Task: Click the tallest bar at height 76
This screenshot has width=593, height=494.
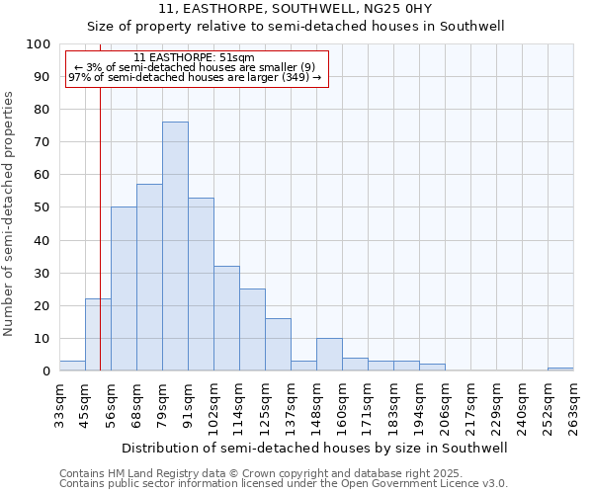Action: click(x=175, y=246)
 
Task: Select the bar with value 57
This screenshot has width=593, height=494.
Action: click(x=149, y=278)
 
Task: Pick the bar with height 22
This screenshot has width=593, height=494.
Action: click(x=98, y=335)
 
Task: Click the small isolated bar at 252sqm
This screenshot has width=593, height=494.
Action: click(x=560, y=369)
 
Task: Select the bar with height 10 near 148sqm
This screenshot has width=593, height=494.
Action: click(x=329, y=355)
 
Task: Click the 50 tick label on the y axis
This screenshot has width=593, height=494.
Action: click(x=42, y=207)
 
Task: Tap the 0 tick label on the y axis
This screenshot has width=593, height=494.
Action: click(x=46, y=370)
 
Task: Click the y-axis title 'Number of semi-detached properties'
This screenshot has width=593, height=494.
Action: click(x=10, y=213)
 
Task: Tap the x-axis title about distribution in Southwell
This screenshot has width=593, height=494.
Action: click(x=315, y=448)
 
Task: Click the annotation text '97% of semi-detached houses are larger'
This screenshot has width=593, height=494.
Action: click(x=194, y=77)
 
